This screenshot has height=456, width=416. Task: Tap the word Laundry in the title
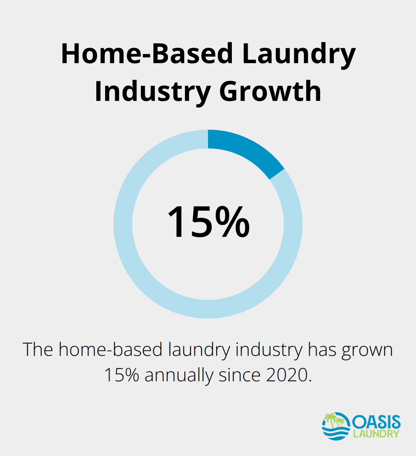299,55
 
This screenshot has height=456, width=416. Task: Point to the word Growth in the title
270,91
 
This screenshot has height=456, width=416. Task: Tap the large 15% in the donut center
208,222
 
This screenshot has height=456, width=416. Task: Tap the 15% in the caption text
122,375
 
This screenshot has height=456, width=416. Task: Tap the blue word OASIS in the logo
376,422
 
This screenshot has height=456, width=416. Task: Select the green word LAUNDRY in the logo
376,434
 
